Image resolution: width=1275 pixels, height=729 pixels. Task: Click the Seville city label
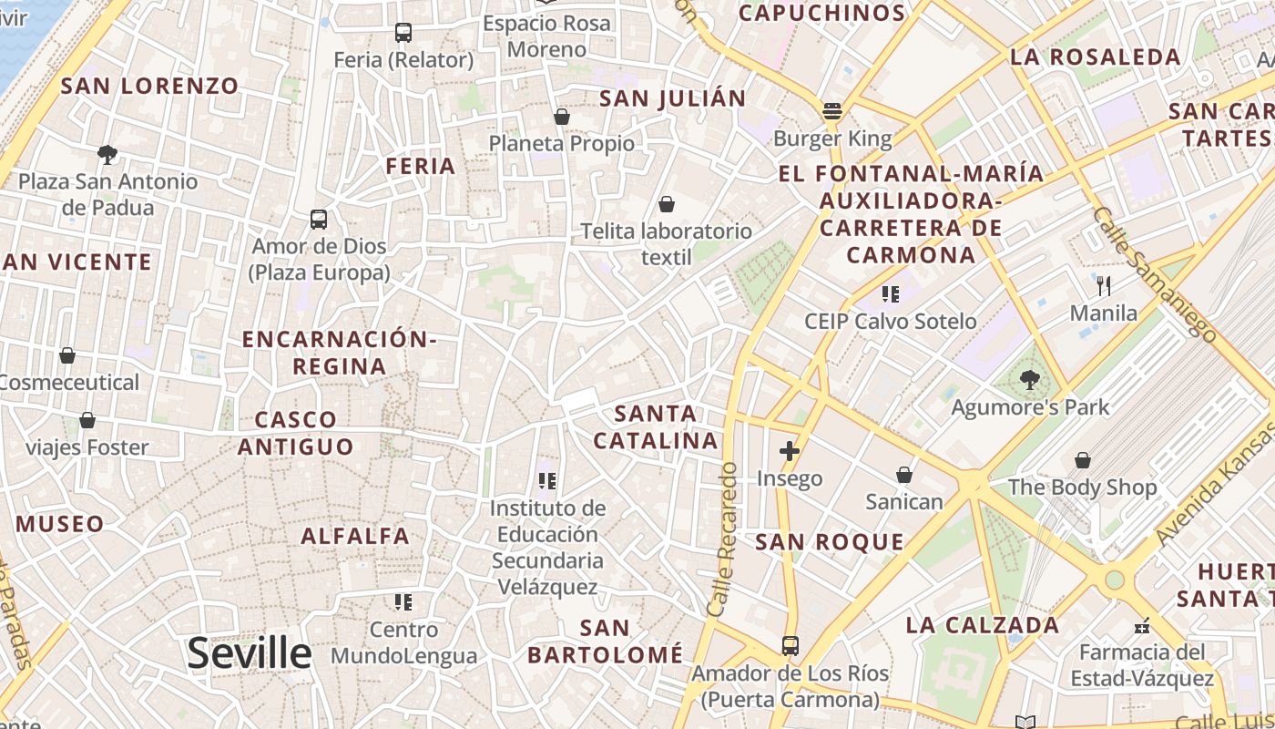point(249,653)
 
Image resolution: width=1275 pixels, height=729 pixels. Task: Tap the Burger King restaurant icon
point(831,112)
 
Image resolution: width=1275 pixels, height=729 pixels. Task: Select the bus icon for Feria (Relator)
point(403,33)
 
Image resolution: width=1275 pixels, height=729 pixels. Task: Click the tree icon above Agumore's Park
point(1030,379)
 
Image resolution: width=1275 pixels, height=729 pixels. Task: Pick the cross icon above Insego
point(790,451)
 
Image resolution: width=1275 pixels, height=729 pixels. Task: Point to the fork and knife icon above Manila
point(1104,286)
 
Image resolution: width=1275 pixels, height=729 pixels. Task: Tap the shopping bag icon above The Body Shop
point(1083,460)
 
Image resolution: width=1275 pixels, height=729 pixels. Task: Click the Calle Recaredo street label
point(721,538)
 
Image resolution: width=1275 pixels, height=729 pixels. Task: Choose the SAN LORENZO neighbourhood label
point(149,87)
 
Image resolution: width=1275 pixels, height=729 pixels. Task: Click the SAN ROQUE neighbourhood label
point(830,542)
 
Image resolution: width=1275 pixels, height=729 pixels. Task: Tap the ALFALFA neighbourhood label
point(355,536)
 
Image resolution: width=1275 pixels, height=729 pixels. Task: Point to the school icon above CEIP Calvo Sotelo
point(890,293)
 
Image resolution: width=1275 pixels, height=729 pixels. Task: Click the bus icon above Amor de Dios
point(318,220)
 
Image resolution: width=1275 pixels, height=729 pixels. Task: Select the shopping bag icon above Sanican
point(904,475)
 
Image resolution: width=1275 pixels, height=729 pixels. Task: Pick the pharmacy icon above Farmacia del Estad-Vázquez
point(1142,626)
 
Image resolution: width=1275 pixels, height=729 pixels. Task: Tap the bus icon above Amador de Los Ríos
point(790,646)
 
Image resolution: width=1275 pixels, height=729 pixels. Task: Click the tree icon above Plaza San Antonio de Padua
point(107,155)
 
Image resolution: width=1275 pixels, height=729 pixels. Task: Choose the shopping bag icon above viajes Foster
point(87,420)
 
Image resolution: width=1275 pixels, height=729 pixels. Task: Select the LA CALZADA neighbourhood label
point(983,625)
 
